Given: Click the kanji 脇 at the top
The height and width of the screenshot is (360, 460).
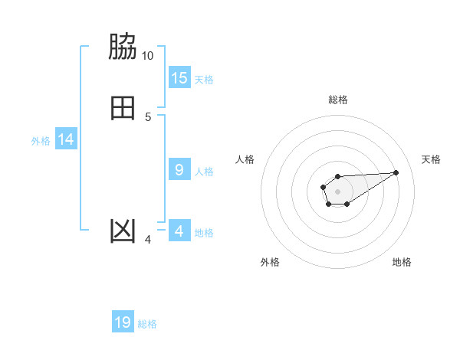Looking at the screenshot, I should tap(123, 47).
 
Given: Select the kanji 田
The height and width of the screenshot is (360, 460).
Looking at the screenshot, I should tap(123, 108).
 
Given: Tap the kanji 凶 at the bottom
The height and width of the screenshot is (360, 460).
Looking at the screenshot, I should tap(123, 231).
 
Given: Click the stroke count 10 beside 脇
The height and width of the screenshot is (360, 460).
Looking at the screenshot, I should tap(147, 56).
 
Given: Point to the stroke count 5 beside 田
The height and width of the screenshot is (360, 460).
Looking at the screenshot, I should tap(148, 116).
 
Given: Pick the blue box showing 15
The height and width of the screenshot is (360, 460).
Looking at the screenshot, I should tap(179, 78).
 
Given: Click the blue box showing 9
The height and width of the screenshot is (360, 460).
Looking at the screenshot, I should tap(179, 170).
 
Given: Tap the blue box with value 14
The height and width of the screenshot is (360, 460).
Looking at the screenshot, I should tap(66, 139).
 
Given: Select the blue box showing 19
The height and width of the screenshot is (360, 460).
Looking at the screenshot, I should tap(123, 322).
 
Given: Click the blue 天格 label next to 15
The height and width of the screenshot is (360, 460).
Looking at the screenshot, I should tap(204, 80).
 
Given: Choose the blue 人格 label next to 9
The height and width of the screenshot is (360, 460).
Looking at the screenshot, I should tap(205, 172).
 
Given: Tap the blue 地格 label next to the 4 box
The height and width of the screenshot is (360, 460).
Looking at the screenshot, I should tap(204, 233).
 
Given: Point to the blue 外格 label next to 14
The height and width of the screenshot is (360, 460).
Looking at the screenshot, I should tap(41, 141).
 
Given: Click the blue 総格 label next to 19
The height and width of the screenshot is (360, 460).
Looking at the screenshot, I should tap(147, 324).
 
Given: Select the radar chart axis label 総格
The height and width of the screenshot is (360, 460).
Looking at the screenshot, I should tap(338, 100).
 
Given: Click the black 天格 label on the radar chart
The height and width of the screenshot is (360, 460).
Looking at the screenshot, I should tap(431, 159).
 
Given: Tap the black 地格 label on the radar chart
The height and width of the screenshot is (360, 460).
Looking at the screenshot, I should tap(402, 262).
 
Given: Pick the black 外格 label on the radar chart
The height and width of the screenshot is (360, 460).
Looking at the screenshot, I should tap(270, 262).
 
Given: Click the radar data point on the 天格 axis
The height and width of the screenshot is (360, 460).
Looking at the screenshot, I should tap(396, 172).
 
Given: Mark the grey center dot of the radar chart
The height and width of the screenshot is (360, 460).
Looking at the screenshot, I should tap(337, 191).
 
